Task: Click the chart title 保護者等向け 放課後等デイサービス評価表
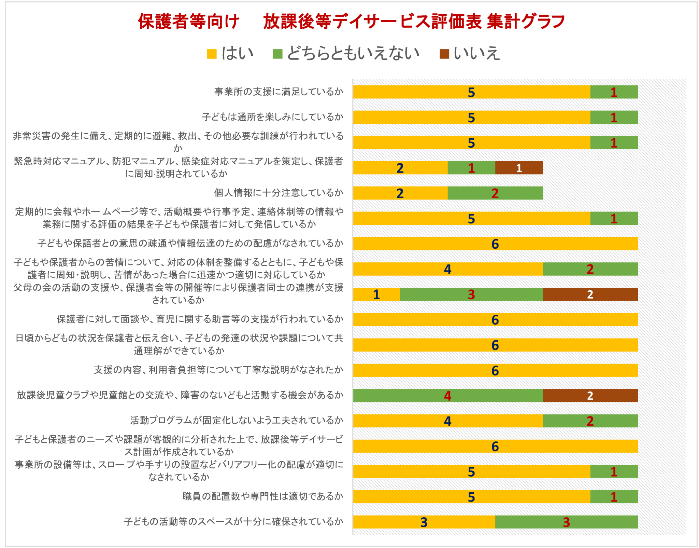(351, 22)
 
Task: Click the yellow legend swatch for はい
(212, 54)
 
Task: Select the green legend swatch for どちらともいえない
(277, 54)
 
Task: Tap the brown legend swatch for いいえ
(444, 54)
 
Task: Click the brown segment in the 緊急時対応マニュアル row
(519, 168)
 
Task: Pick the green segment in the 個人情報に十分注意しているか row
(495, 193)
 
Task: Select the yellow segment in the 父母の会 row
(376, 294)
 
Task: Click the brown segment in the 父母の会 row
(590, 294)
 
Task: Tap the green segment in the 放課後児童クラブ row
(447, 396)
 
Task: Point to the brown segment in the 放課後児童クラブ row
(590, 396)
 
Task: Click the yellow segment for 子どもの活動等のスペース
(424, 522)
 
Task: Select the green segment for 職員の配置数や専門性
(614, 497)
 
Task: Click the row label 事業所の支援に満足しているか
(279, 92)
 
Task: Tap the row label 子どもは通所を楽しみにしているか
(272, 117)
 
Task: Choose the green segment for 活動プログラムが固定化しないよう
(590, 421)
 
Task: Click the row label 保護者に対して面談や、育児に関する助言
(200, 319)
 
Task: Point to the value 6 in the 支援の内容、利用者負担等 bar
(495, 371)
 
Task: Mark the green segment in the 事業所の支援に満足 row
(614, 92)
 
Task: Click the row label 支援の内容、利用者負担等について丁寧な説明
(218, 370)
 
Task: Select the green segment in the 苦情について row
(590, 269)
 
